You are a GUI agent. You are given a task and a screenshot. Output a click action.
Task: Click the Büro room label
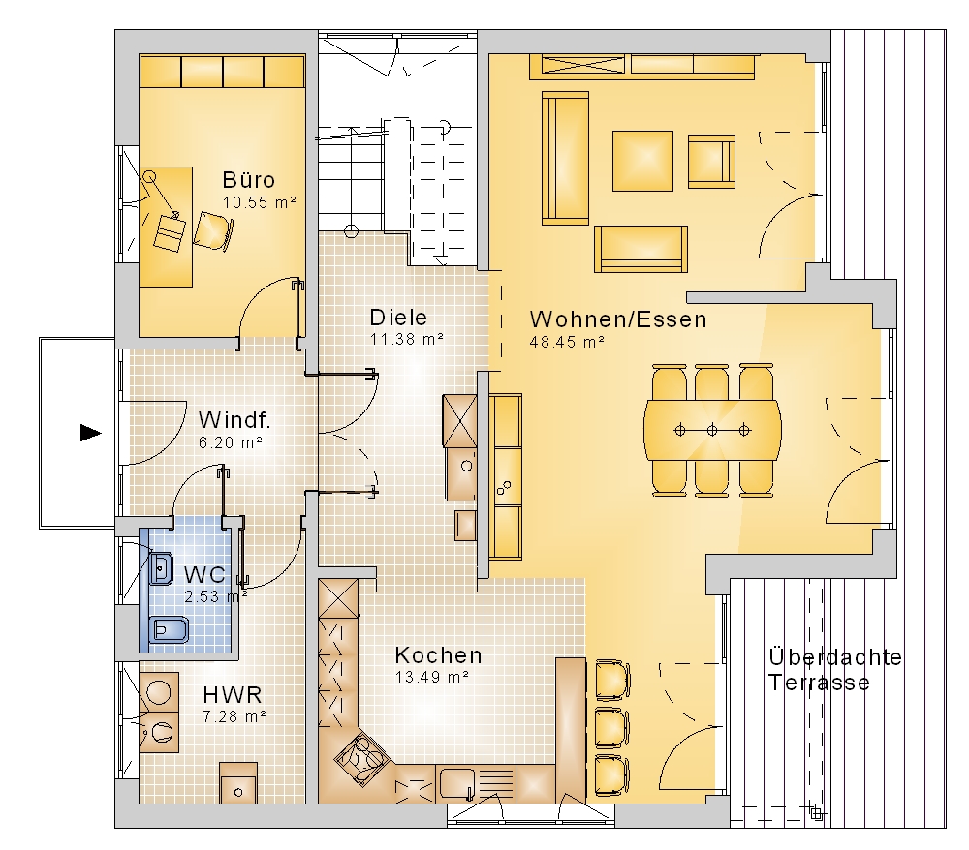tap(248, 180)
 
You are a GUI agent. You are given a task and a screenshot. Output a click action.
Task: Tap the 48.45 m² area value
tap(567, 342)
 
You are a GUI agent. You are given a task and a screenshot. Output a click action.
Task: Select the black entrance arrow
tap(91, 433)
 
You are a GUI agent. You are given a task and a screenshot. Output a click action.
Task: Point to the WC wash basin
tap(161, 568)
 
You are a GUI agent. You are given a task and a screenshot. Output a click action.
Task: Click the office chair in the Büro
tap(214, 230)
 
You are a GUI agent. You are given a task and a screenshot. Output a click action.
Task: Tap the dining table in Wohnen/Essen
tap(712, 430)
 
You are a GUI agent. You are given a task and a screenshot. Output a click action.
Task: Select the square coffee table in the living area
tap(642, 161)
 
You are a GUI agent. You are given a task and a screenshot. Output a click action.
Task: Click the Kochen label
tap(438, 655)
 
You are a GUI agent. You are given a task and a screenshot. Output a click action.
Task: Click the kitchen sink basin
tap(457, 784)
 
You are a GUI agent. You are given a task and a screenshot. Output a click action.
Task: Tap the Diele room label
tap(398, 318)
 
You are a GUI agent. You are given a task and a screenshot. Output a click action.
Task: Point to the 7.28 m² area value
tap(234, 717)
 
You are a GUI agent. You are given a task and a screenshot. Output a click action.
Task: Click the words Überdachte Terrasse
tap(835, 670)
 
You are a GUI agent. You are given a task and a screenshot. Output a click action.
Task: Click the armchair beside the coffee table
tap(711, 161)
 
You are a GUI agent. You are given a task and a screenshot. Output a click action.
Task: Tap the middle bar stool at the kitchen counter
tap(611, 728)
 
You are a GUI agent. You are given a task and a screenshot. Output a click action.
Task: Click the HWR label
tap(233, 695)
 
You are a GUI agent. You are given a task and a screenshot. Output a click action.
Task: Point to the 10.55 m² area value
tap(260, 202)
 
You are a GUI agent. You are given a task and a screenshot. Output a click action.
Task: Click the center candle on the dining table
tap(712, 430)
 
